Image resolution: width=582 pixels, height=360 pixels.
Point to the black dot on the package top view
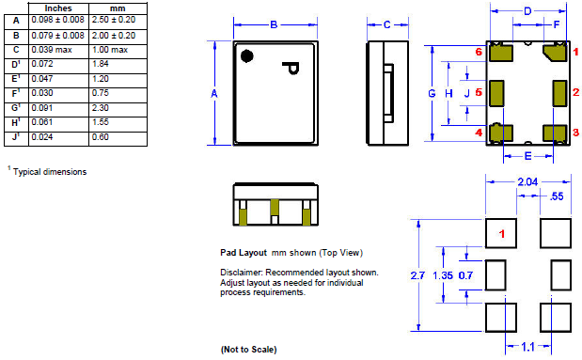click(x=247, y=56)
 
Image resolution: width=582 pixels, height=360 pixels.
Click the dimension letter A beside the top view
click(x=214, y=94)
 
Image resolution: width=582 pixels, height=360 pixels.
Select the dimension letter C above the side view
click(x=386, y=25)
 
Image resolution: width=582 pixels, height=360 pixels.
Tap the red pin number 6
click(x=479, y=53)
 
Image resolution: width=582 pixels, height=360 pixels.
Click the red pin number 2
click(x=575, y=92)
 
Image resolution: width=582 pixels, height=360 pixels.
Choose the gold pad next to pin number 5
click(x=498, y=92)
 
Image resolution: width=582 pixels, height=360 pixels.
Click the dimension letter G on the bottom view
click(x=432, y=93)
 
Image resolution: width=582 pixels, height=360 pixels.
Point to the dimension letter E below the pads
click(x=527, y=156)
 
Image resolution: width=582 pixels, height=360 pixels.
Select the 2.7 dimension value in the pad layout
click(x=419, y=275)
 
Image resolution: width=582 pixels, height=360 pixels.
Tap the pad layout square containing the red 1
click(x=502, y=232)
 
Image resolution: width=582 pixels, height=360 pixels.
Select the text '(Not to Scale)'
click(x=248, y=349)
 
